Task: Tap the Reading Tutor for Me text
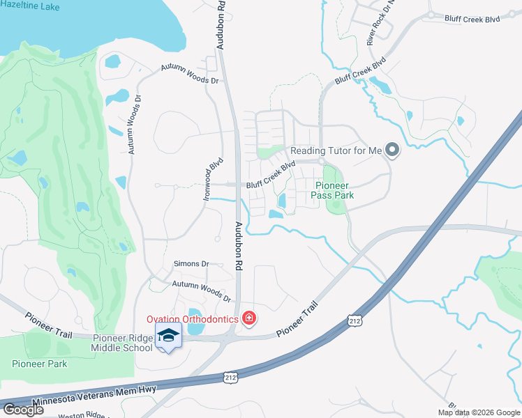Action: pos(336,150)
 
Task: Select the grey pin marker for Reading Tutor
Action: pos(392,150)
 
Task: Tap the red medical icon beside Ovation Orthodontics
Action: pos(248,319)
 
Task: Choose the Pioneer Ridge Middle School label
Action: pos(123,343)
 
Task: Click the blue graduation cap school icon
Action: pos(168,336)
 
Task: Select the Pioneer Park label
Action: pos(39,364)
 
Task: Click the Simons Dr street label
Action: pos(191,264)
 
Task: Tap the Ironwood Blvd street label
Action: pos(213,179)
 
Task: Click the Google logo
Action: pos(24,410)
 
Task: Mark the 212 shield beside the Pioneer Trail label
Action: pos(355,319)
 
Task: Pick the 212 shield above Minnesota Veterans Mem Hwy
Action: pos(230,377)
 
